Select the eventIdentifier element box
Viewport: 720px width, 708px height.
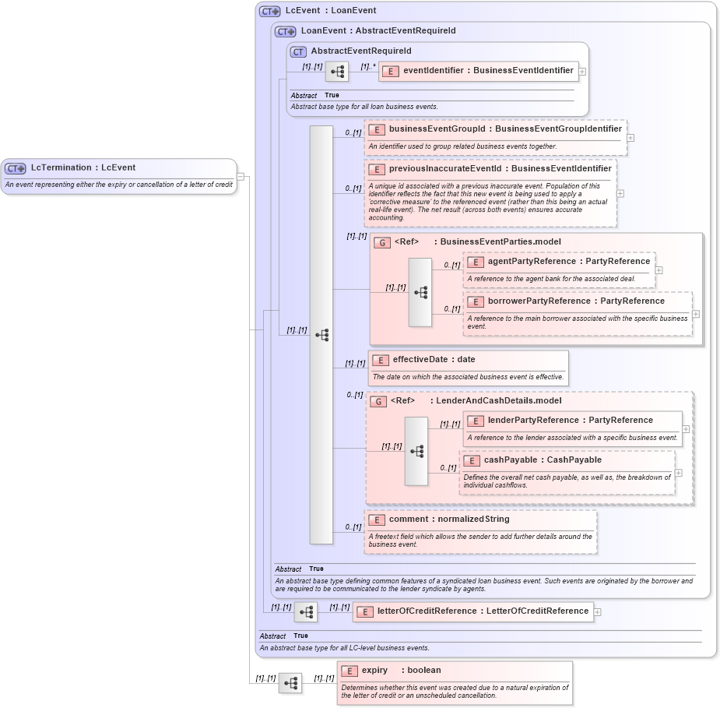tap(479, 71)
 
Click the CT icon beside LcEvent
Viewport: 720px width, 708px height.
tap(270, 11)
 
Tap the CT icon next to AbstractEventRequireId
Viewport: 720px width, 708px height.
tap(299, 51)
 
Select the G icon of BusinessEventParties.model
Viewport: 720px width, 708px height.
tap(381, 242)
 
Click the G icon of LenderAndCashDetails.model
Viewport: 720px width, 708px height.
tap(378, 401)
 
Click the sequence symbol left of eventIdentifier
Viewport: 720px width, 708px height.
tap(337, 72)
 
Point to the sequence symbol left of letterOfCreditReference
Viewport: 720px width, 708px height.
tap(306, 612)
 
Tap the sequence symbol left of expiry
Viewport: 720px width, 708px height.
tap(290, 683)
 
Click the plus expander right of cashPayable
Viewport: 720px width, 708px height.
tap(679, 473)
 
